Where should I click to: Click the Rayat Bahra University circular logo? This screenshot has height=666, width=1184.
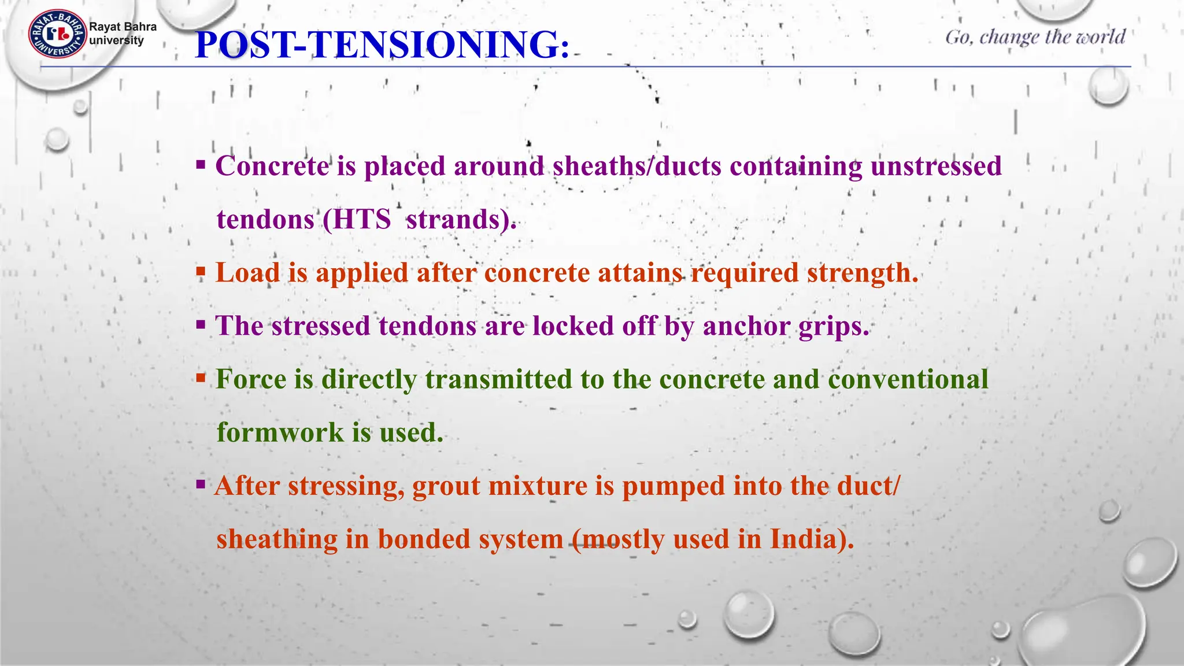pos(57,34)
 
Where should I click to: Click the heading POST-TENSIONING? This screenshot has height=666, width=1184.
pos(382,45)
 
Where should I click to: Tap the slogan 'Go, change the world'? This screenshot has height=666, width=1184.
pos(1035,37)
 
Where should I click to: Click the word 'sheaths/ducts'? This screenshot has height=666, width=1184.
pos(637,166)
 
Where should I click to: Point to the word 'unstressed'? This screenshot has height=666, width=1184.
pos(935,166)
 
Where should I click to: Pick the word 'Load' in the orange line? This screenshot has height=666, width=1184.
pos(247,273)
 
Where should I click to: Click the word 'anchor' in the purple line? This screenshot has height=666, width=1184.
pos(746,326)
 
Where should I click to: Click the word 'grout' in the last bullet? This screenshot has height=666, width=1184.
pos(446,486)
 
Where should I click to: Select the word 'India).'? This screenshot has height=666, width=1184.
pos(812,539)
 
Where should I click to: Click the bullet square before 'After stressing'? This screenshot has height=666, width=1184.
pos(201,484)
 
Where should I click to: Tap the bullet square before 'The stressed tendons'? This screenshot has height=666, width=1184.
pos(201,324)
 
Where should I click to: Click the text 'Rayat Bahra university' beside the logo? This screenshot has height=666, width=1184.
pos(122,34)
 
